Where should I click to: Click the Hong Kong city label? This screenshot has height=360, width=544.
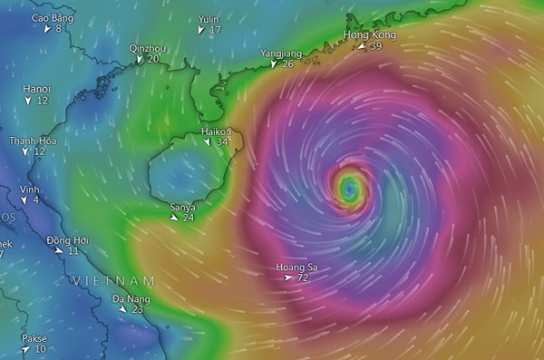[x=370, y=35]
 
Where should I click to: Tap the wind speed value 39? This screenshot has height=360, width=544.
[x=375, y=46]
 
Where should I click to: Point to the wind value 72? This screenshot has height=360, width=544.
[x=303, y=278]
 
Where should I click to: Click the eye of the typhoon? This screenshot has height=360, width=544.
[x=348, y=187]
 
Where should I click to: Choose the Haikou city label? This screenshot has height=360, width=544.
[x=216, y=132]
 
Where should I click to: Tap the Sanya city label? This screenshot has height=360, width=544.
[x=183, y=208]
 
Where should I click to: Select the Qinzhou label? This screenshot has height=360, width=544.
[x=148, y=48]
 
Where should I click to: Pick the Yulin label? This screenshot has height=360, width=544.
[x=209, y=19]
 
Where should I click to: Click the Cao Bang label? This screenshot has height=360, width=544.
[x=52, y=18]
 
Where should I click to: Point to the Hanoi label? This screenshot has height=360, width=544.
[x=37, y=90]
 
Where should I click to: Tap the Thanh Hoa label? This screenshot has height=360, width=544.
[x=33, y=141]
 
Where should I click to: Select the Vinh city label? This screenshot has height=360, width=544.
[x=29, y=190]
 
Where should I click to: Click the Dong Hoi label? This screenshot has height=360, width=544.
[x=68, y=239]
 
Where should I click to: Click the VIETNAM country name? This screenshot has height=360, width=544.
[x=114, y=280]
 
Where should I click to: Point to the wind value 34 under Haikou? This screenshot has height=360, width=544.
[x=222, y=142]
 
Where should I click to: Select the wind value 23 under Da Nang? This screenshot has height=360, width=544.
[x=138, y=310]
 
